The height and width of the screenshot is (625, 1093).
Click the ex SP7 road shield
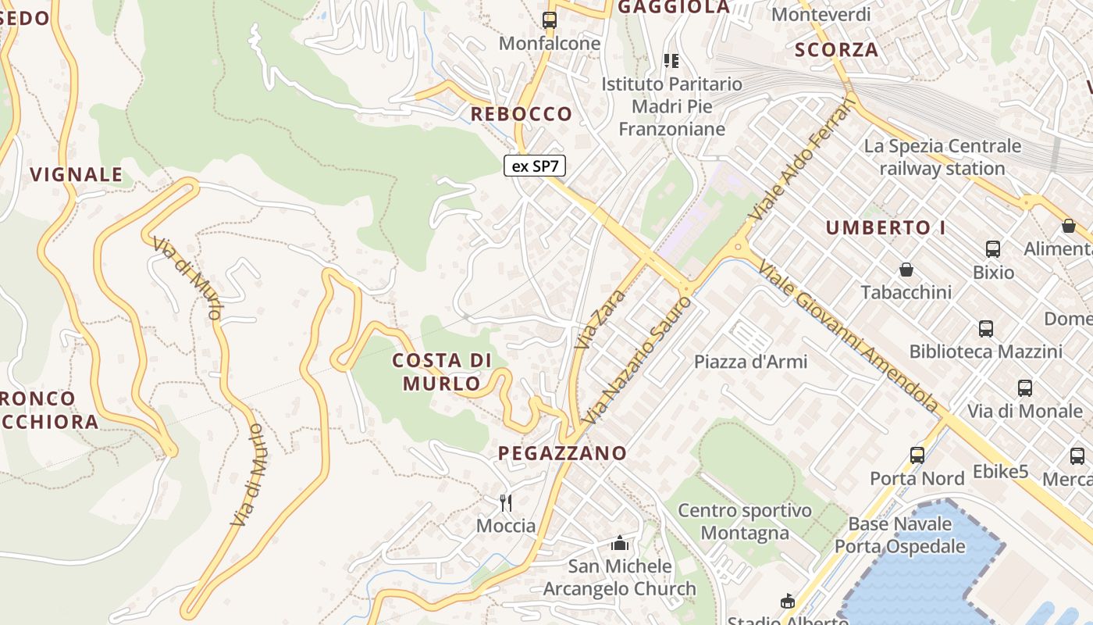point(535,166)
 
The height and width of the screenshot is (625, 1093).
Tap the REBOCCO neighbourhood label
point(521,114)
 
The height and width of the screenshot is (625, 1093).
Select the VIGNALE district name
point(77,174)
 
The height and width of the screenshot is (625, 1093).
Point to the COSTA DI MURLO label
point(442,372)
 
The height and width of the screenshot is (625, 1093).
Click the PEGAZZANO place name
point(562,453)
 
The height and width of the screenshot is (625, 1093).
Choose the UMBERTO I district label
point(885,228)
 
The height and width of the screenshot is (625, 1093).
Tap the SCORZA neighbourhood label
point(836,50)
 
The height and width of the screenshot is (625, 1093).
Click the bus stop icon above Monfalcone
point(550,20)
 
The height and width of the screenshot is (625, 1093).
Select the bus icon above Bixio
point(993,249)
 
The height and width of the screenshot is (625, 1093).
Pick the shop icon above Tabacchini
point(906,270)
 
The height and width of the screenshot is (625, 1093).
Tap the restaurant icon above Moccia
point(506,502)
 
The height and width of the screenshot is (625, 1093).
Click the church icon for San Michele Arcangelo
point(620,543)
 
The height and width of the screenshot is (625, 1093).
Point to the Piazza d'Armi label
point(750,362)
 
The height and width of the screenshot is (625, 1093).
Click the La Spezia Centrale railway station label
point(942,157)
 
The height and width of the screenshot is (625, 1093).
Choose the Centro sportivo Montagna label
point(744,522)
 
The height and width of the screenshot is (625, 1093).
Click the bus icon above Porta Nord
point(917,455)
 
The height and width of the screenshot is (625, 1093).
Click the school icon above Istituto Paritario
point(671,60)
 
